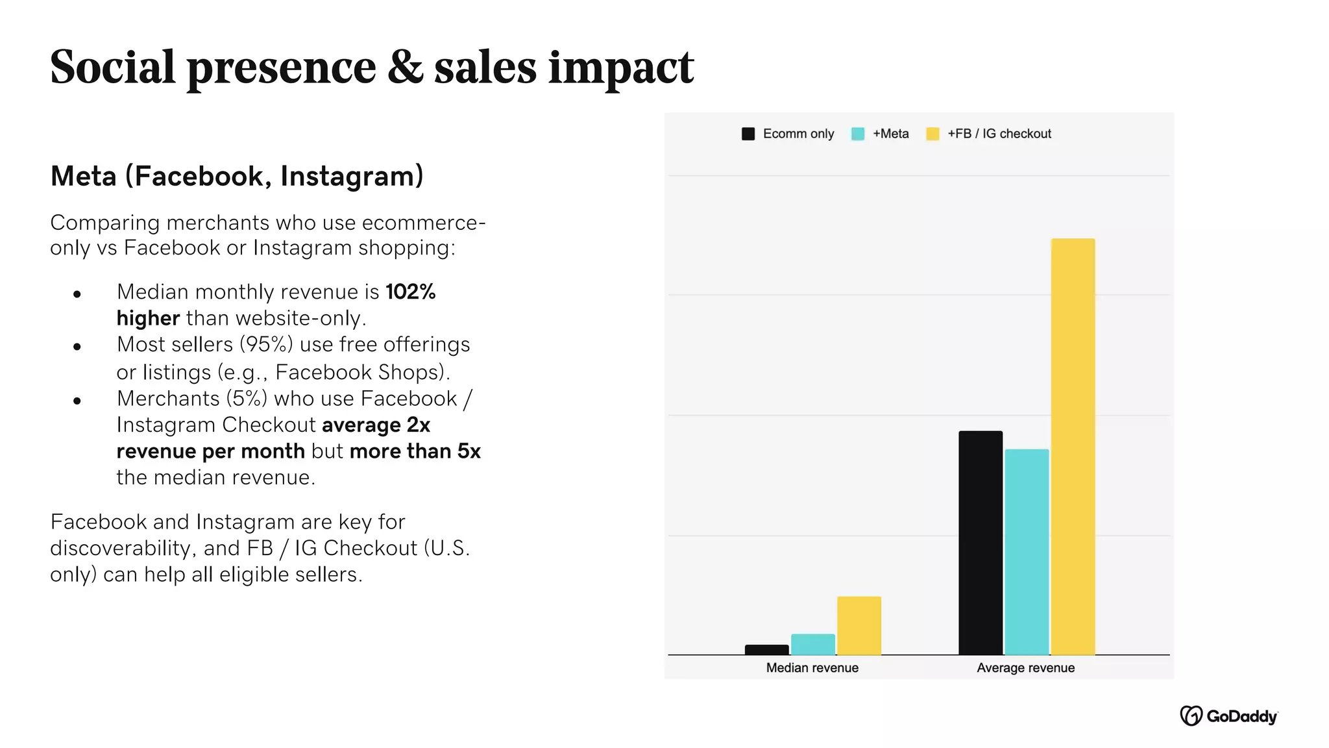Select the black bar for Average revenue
click(x=981, y=543)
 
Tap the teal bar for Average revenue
click(x=1027, y=552)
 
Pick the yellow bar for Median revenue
click(x=859, y=625)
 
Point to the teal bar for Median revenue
click(x=812, y=644)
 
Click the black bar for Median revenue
click(x=766, y=649)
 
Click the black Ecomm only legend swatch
click(x=748, y=134)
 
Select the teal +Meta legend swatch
click(x=857, y=134)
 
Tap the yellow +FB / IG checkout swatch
click(x=933, y=134)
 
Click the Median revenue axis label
click(x=812, y=667)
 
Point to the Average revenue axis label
click(x=1025, y=667)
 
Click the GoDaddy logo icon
click(x=1191, y=716)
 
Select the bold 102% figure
click(x=410, y=292)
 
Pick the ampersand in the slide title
click(x=405, y=67)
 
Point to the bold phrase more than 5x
click(x=415, y=451)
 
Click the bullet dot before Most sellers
click(x=77, y=347)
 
